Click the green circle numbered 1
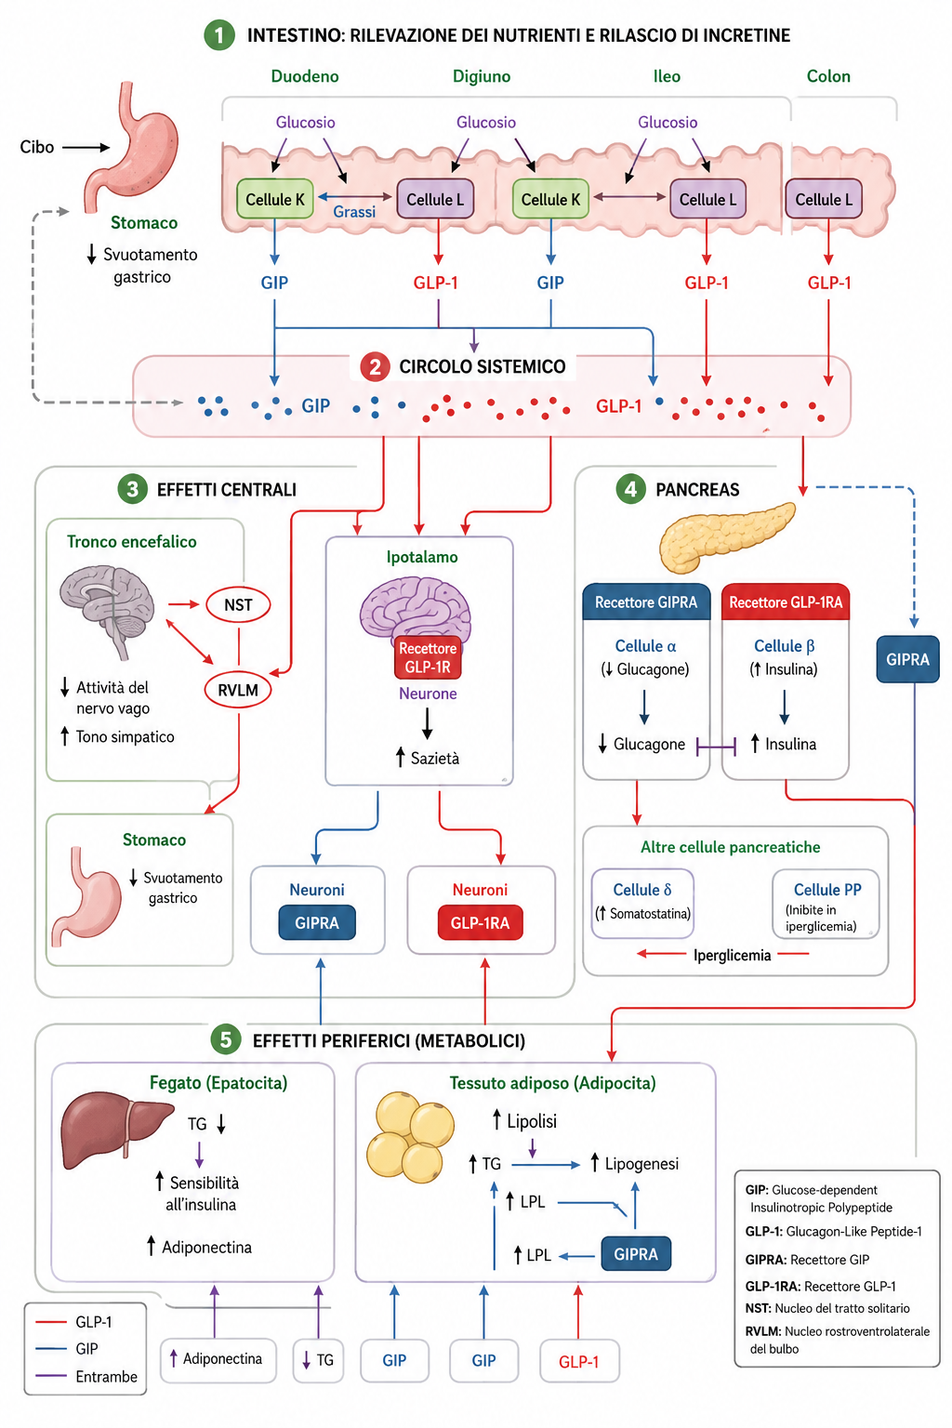click(219, 35)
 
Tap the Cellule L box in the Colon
click(824, 200)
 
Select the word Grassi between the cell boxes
click(354, 212)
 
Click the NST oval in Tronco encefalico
click(238, 604)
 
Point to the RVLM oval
click(238, 690)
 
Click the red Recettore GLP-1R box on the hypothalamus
click(428, 657)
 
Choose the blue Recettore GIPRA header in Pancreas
click(646, 602)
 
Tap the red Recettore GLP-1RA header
click(786, 602)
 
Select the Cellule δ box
click(642, 904)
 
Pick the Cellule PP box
click(826, 904)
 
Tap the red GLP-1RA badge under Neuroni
click(480, 923)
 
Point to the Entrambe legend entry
click(86, 1376)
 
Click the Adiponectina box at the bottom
click(218, 1360)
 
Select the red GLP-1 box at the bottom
click(579, 1361)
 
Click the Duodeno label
click(305, 76)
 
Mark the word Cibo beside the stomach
click(37, 147)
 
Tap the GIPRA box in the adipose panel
click(636, 1254)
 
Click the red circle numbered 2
click(375, 367)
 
